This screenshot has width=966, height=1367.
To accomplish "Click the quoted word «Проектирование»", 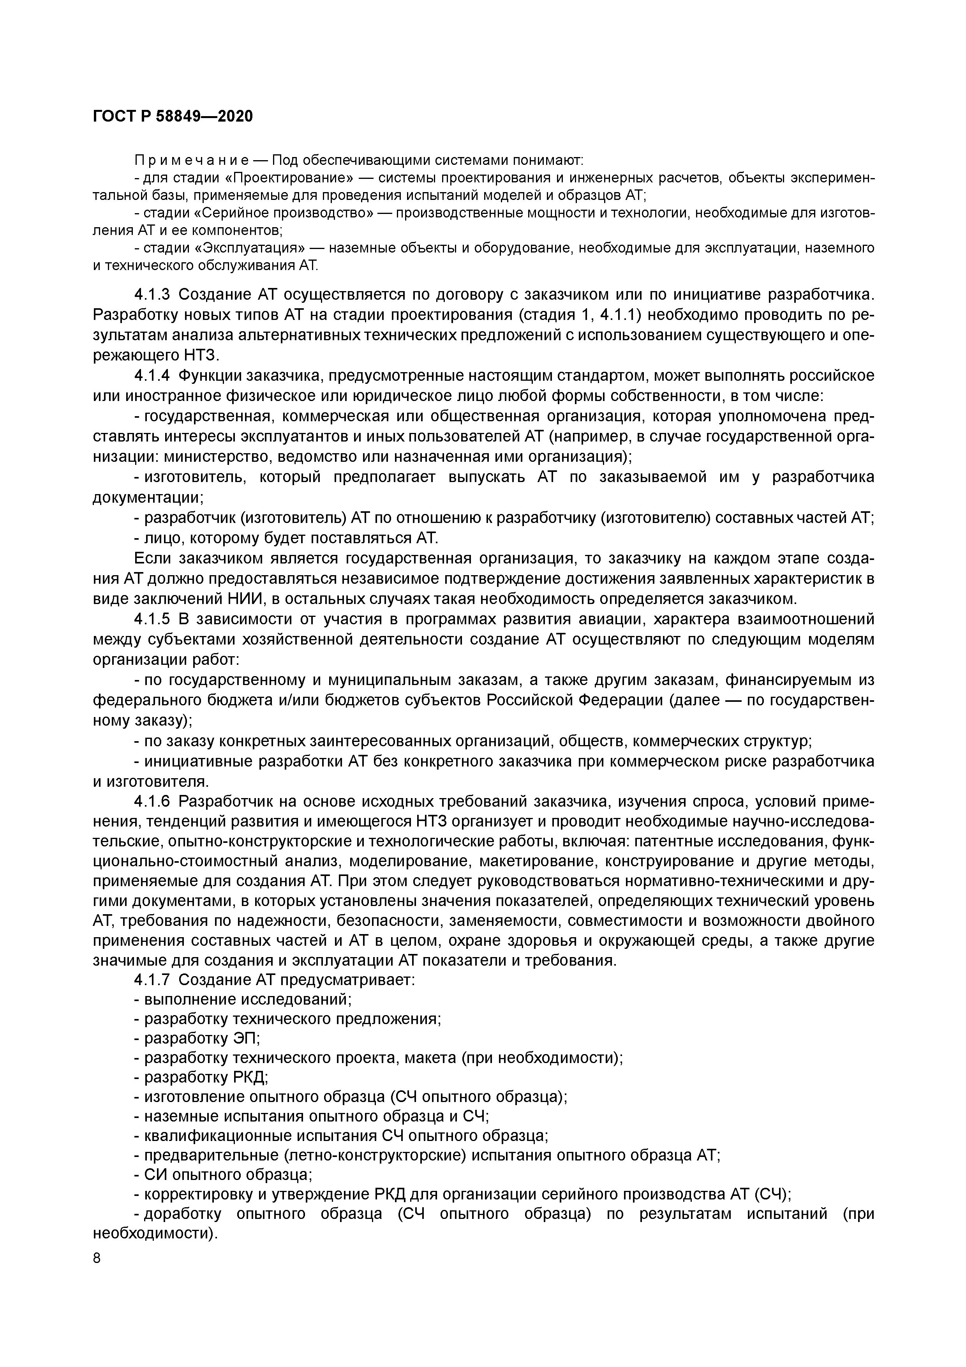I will point(288,178).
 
